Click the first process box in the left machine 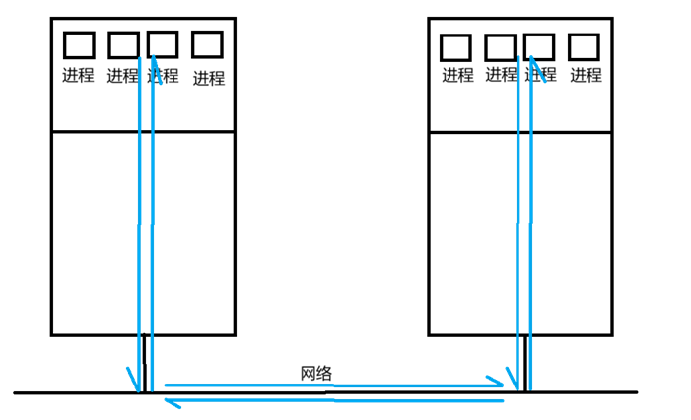(79, 44)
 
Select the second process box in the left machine (123, 44)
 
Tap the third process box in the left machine (163, 44)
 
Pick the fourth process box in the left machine (207, 43)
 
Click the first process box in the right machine (454, 46)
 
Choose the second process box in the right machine (500, 46)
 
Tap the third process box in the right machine (539, 45)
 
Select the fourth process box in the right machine (584, 45)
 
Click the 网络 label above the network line (316, 374)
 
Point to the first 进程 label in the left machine (78, 75)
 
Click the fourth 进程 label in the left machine (208, 78)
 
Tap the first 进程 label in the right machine (457, 74)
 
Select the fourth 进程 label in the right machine (586, 74)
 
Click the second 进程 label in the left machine (122, 75)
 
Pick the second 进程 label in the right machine (501, 74)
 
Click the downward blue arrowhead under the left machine (132, 381)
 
